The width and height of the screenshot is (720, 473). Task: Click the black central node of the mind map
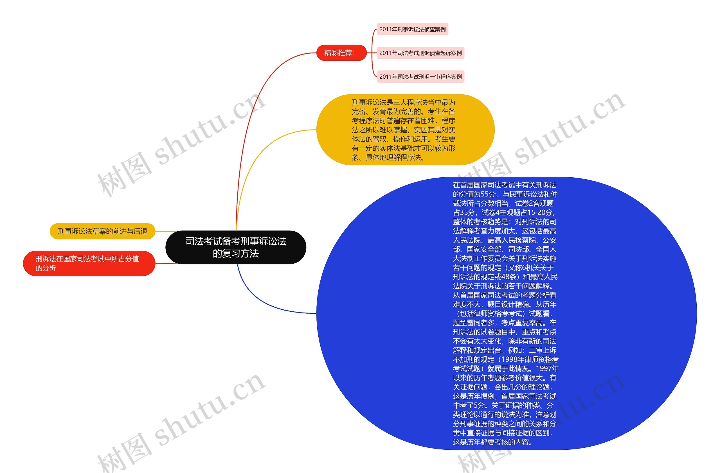236,247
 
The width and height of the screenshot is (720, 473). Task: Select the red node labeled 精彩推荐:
341,53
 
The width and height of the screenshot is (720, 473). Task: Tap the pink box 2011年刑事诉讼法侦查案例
412,29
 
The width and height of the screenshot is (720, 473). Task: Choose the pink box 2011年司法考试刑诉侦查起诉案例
420,53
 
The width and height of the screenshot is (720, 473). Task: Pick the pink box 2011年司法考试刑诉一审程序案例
420,77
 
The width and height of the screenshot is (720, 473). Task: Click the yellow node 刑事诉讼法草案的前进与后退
102,231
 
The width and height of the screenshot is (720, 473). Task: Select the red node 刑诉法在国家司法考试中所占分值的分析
89,263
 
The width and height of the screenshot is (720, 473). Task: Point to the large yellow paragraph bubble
405,130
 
